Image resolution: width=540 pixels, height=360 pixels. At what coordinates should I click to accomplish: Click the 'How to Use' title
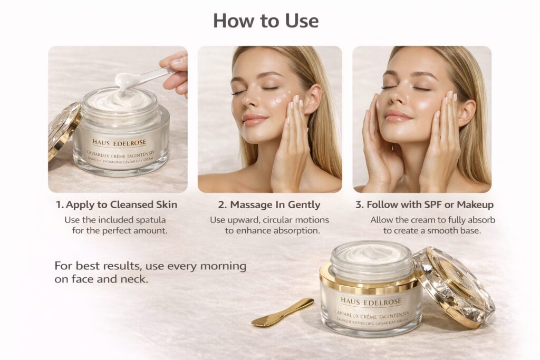pos(266,21)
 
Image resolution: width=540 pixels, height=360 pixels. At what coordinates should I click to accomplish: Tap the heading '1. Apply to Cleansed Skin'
pos(117,205)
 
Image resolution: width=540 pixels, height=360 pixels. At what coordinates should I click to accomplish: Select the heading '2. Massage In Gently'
pos(269,205)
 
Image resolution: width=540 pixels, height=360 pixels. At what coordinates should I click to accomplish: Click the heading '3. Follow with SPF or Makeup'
pos(423,205)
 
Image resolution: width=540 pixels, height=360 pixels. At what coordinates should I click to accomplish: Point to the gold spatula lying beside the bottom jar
pos(283,313)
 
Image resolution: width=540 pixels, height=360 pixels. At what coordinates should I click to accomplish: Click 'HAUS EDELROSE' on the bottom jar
pos(371,301)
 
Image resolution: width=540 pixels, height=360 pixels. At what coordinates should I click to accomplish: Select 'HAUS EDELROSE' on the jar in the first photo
pos(119,142)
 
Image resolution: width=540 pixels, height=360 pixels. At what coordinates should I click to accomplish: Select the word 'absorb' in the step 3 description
pos(481,219)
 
